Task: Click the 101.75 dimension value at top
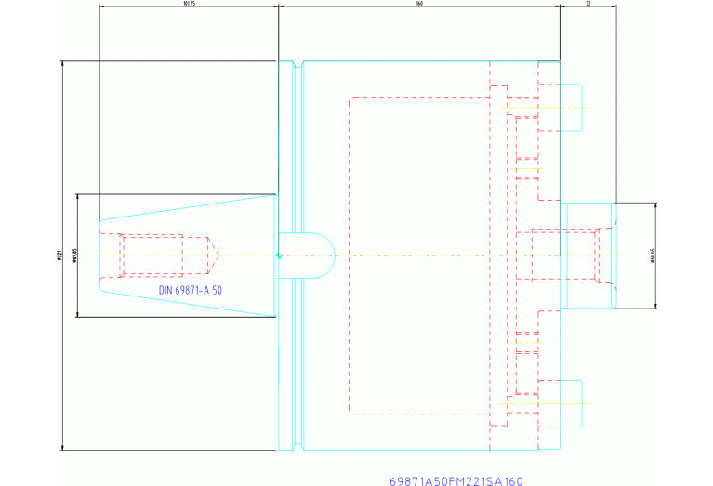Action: (189, 3)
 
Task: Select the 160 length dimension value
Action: (419, 3)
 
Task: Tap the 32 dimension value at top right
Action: (588, 3)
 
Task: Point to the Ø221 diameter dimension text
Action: (59, 256)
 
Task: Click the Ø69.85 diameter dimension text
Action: (73, 256)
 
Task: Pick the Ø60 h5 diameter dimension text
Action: (653, 256)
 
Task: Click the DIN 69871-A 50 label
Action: (190, 290)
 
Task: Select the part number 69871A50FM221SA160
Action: (456, 481)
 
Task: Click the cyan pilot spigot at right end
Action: (589, 256)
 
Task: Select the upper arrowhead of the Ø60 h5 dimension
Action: (657, 204)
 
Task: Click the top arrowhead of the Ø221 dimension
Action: (62, 64)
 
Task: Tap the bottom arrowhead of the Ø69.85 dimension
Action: (77, 314)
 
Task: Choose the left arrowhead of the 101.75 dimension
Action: (101, 7)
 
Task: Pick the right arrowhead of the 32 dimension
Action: (614, 7)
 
